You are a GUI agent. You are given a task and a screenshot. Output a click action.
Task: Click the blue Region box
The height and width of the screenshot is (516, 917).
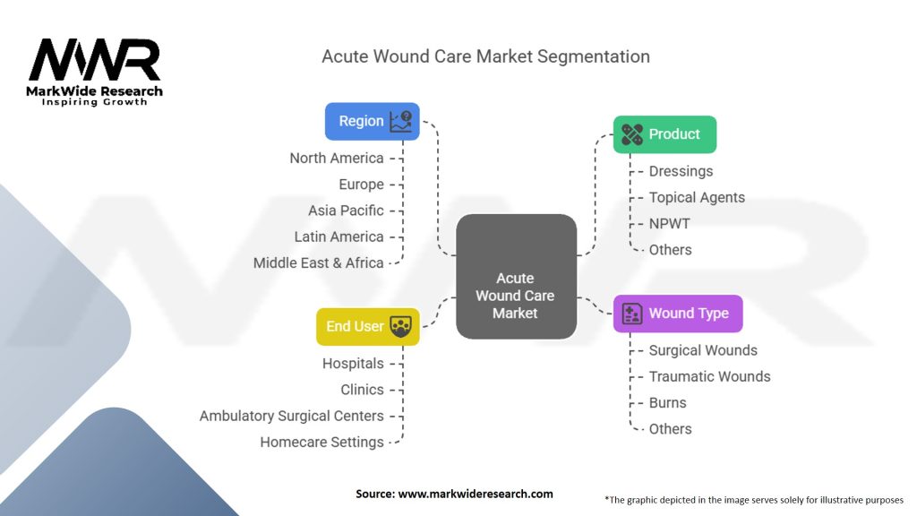tap(372, 121)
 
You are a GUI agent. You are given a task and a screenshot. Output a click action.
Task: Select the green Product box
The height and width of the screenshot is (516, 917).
tap(664, 134)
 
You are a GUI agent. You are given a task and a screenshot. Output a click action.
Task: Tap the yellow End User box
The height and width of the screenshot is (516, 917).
tap(368, 326)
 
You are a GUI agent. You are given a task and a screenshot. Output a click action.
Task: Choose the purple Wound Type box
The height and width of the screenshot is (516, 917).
tap(677, 314)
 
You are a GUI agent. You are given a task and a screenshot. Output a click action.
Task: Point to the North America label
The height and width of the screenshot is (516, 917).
tap(337, 158)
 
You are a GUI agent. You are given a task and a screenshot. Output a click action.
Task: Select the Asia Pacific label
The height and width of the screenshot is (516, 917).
tap(346, 211)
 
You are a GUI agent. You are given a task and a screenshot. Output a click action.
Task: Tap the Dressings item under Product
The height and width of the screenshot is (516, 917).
tap(681, 171)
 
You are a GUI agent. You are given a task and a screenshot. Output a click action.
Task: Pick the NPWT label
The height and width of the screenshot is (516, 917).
tap(670, 223)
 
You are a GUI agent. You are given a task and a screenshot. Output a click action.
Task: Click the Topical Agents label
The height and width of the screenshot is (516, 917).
tap(697, 197)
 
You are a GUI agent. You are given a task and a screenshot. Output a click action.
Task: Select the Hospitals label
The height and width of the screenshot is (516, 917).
tap(353, 364)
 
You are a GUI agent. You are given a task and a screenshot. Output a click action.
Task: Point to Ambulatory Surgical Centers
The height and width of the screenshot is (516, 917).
tap(291, 416)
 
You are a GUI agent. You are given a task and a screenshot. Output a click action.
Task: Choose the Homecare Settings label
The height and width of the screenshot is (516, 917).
tap(321, 442)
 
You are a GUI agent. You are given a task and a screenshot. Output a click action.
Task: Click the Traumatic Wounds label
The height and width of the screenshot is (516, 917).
tap(709, 376)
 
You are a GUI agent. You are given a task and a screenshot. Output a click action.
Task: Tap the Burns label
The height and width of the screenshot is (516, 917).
tap(668, 402)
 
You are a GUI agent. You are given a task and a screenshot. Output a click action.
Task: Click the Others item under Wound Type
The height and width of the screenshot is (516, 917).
tap(670, 429)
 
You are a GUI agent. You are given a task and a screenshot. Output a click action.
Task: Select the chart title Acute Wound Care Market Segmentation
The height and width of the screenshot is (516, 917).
tap(485, 56)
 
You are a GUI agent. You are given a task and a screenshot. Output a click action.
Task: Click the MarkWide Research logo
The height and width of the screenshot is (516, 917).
tap(95, 72)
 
